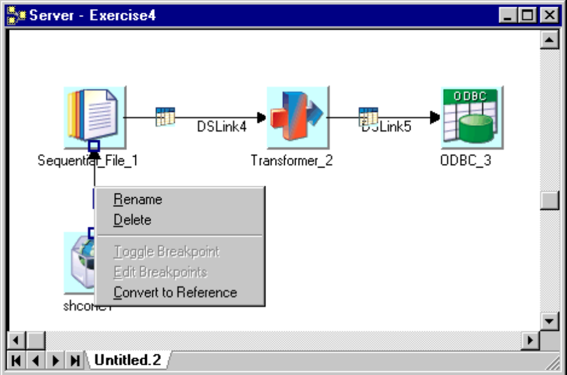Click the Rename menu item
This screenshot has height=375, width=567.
point(138,200)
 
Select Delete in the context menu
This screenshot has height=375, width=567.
point(132,220)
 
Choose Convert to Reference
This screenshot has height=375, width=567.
point(175,292)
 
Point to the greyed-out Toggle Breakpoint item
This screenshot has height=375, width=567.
point(166,251)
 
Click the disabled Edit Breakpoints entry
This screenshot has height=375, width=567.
point(160,272)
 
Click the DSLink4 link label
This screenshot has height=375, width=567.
point(221,126)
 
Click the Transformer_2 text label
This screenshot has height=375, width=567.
point(291,161)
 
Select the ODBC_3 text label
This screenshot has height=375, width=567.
point(466,161)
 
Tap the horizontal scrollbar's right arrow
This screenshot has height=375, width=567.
point(532,340)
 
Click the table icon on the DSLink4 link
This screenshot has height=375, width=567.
point(165,116)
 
